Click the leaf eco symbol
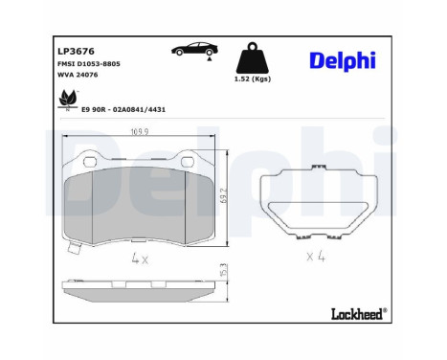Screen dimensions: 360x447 pos(68,98)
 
